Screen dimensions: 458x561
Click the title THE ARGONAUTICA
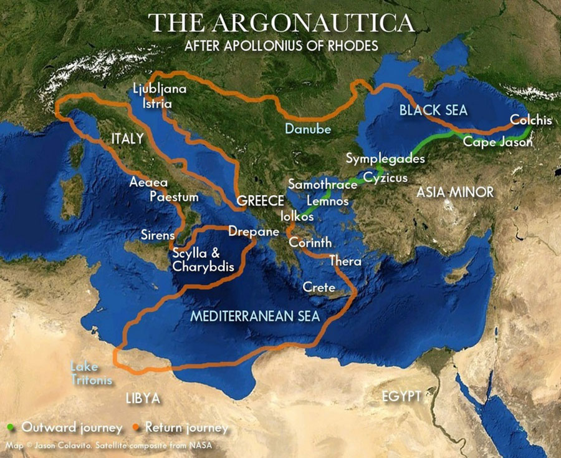282,22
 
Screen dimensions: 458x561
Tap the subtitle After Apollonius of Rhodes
282,46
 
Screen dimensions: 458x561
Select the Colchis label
530,120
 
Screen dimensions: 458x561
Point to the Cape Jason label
497,142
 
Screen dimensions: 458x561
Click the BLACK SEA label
433,110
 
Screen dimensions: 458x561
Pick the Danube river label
308,129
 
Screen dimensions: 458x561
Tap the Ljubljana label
160,89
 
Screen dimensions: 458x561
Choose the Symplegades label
385,158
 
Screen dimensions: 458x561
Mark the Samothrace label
322,184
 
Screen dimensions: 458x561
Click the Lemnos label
327,201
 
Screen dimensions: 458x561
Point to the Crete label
319,288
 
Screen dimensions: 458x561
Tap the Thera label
345,261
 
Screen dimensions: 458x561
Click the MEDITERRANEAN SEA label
255,316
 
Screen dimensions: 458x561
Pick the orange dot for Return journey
135,428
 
